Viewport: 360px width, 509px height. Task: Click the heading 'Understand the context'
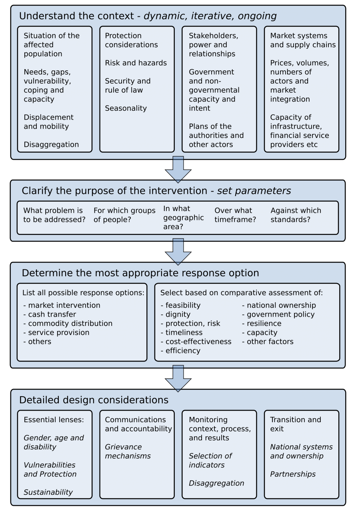coord(76,16)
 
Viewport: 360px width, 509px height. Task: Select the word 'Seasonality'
coord(126,108)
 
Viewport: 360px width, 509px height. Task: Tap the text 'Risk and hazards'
coord(136,63)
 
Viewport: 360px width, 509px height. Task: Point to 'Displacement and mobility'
coord(48,122)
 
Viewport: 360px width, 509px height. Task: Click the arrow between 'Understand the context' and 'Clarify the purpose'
coord(178,169)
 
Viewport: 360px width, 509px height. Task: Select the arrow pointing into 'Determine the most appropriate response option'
coord(178,252)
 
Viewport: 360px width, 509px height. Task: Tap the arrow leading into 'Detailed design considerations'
coord(178,378)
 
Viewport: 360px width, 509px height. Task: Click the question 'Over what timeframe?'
coord(235,215)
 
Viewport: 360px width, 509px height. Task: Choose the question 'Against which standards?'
coord(296,215)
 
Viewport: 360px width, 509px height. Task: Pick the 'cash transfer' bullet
coord(50,314)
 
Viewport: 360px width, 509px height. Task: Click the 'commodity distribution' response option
coord(68,323)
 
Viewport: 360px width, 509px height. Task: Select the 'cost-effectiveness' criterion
coord(196,341)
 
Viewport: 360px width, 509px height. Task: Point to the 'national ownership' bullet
coord(279,305)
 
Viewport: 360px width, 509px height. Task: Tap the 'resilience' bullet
coord(262,323)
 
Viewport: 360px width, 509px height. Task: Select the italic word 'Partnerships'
coord(293,474)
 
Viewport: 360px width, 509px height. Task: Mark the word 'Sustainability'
coord(48,492)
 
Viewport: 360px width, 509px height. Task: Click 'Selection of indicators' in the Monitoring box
coord(210,460)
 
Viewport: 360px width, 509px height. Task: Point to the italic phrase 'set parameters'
coord(254,191)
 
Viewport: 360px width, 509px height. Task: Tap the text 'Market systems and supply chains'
coord(303,40)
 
